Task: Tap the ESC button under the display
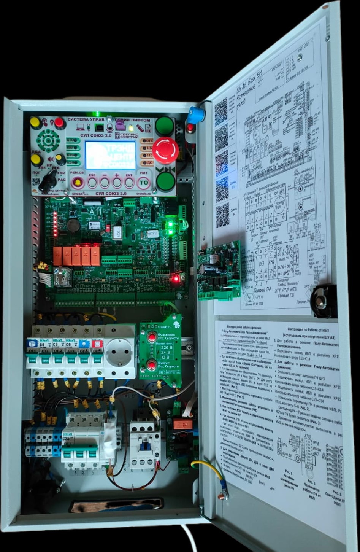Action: click(x=92, y=182)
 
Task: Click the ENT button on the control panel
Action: click(x=129, y=182)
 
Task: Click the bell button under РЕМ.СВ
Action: click(x=78, y=183)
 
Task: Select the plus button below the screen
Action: click(x=117, y=182)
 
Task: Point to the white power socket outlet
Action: click(x=119, y=351)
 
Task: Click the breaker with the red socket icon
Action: click(x=97, y=354)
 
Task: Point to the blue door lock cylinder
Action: click(x=196, y=114)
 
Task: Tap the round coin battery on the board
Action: click(x=73, y=226)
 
